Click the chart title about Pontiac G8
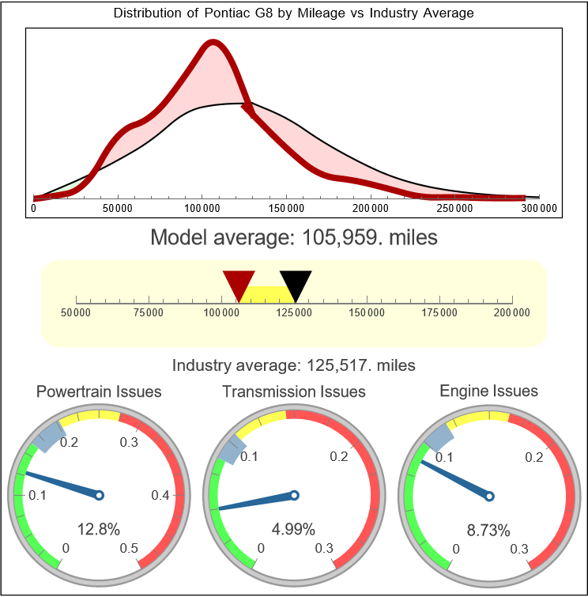(294, 13)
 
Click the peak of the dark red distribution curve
(212, 44)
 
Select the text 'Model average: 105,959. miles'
(294, 237)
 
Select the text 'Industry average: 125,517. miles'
(294, 365)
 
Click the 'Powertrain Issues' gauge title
(100, 391)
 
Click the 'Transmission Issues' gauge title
(294, 391)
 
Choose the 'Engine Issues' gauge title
(488, 391)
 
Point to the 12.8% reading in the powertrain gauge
(99, 529)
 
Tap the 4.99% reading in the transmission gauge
(294, 529)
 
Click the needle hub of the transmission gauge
(294, 496)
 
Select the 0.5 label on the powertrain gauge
(130, 549)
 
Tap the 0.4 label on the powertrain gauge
(160, 496)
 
